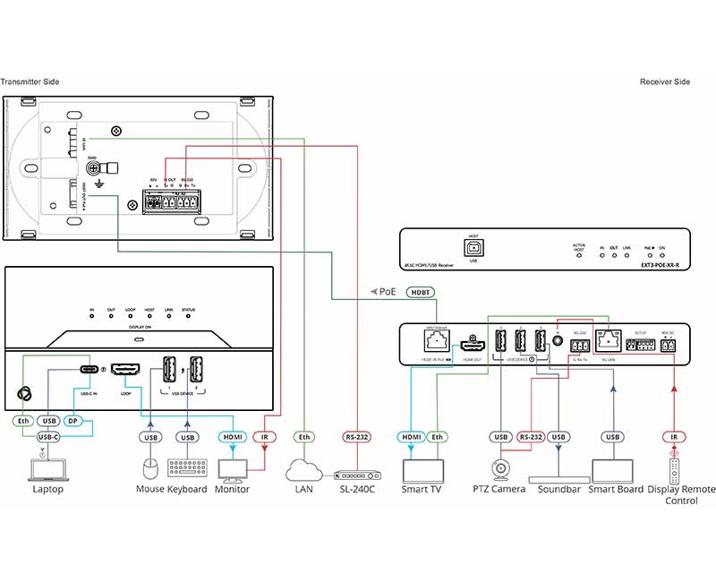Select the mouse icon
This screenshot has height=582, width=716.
tap(150, 468)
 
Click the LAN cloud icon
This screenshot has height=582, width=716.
tap(304, 468)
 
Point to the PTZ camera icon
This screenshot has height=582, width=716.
tap(499, 468)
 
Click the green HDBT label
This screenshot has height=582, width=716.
tap(420, 292)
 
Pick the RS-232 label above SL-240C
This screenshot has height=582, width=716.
tap(357, 437)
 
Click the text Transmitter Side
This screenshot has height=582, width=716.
tap(30, 81)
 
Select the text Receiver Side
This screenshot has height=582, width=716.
tap(665, 81)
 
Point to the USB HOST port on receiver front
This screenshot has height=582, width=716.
tap(473, 245)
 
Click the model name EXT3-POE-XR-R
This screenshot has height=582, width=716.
tap(661, 265)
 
